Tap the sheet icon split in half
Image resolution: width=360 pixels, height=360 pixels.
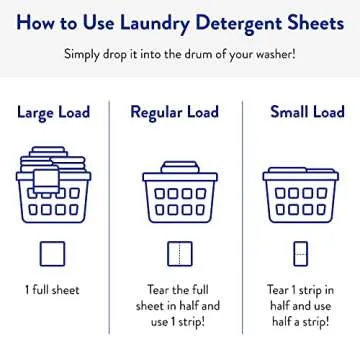pos(177,254)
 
